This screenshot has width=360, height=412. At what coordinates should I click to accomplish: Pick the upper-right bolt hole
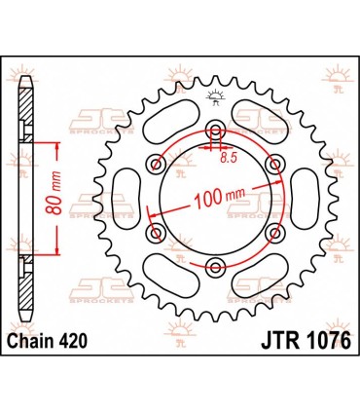(275, 163)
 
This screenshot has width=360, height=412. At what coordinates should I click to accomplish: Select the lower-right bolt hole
(275, 232)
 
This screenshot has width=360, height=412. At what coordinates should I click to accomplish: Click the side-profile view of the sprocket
(24, 199)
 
